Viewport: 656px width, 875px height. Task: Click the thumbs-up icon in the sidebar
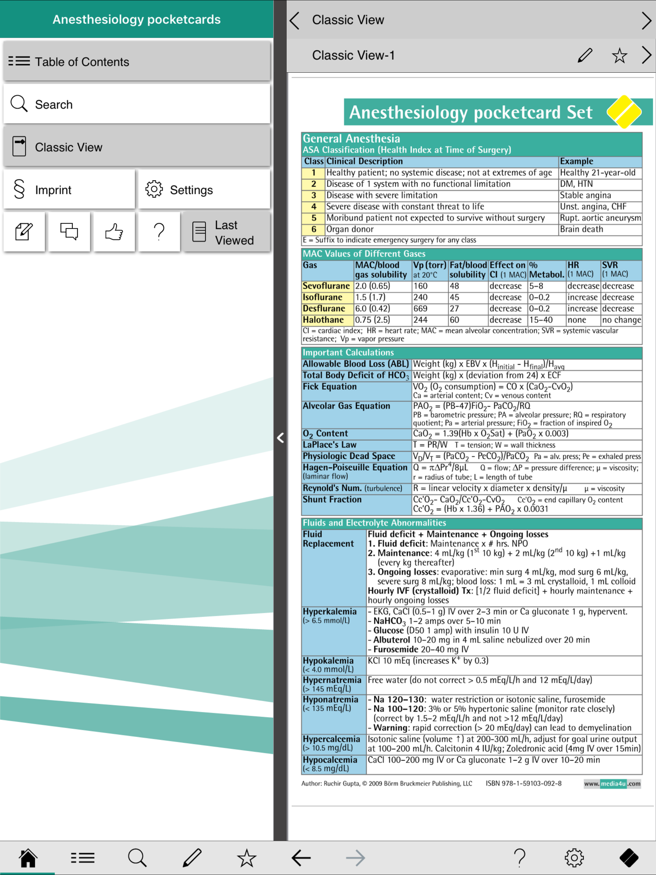click(x=114, y=232)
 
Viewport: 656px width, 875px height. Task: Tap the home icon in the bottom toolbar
click(x=28, y=858)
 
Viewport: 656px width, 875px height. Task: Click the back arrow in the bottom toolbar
click(x=301, y=858)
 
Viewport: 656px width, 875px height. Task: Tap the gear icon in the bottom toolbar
click(x=574, y=858)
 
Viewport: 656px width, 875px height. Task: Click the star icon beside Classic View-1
click(x=619, y=55)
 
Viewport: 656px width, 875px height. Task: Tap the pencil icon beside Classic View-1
click(x=585, y=55)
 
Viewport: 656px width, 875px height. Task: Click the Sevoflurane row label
click(x=326, y=286)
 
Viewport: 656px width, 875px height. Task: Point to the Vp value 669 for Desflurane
click(x=420, y=308)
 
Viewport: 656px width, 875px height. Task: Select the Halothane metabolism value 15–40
click(x=541, y=320)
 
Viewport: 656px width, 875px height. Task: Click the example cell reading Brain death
click(x=582, y=229)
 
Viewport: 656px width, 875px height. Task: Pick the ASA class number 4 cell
click(x=314, y=207)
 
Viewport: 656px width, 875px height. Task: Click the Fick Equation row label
click(x=330, y=387)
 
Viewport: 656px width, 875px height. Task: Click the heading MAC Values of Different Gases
click(x=364, y=254)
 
